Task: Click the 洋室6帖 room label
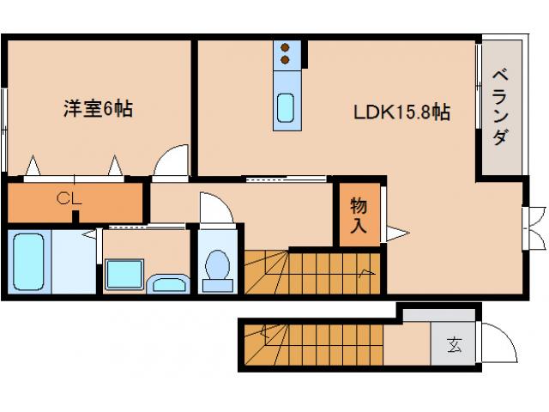(x=97, y=109)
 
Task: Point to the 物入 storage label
(x=359, y=215)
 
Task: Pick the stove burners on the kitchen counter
(x=287, y=54)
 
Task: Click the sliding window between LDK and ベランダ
(x=478, y=86)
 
